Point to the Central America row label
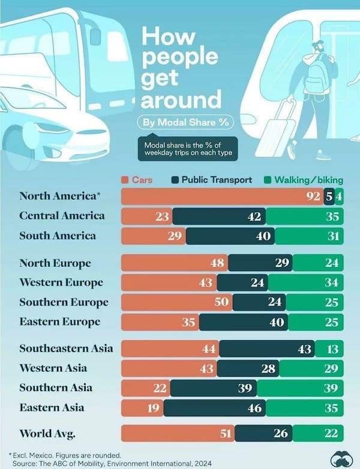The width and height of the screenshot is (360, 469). pos(62,215)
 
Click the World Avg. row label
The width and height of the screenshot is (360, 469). pos(52,433)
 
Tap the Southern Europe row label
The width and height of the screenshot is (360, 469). pos(64,302)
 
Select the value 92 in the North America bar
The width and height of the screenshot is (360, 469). pos(313,196)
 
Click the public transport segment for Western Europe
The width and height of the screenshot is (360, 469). pos(242,282)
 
